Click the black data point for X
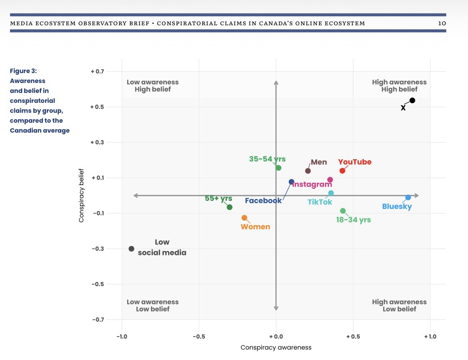(412, 101)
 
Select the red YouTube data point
(342, 171)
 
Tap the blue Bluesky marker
(408, 197)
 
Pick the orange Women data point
(244, 218)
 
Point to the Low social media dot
(131, 249)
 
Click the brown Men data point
(308, 171)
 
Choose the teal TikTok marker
(331, 193)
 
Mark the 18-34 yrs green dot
(343, 211)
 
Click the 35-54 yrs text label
(267, 159)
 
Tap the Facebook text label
(263, 201)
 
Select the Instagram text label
(309, 185)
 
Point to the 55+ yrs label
(218, 198)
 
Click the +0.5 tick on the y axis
(97, 107)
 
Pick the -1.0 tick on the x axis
(121, 336)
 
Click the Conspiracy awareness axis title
(276, 348)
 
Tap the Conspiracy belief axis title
(82, 195)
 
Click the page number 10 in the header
(442, 23)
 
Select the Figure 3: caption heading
(25, 71)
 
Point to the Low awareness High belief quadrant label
(153, 86)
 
